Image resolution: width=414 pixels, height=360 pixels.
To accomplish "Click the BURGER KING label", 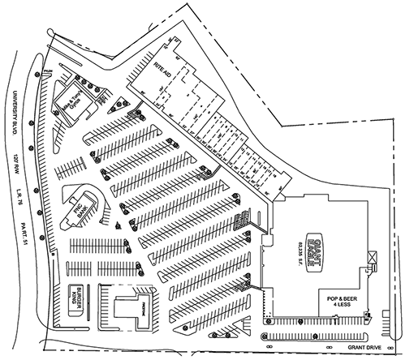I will pyautogui.click(x=75, y=297).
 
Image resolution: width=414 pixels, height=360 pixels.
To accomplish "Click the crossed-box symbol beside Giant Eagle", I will pyautogui.click(x=373, y=258).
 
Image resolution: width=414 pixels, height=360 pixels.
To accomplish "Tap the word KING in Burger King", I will pyautogui.click(x=70, y=297).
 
